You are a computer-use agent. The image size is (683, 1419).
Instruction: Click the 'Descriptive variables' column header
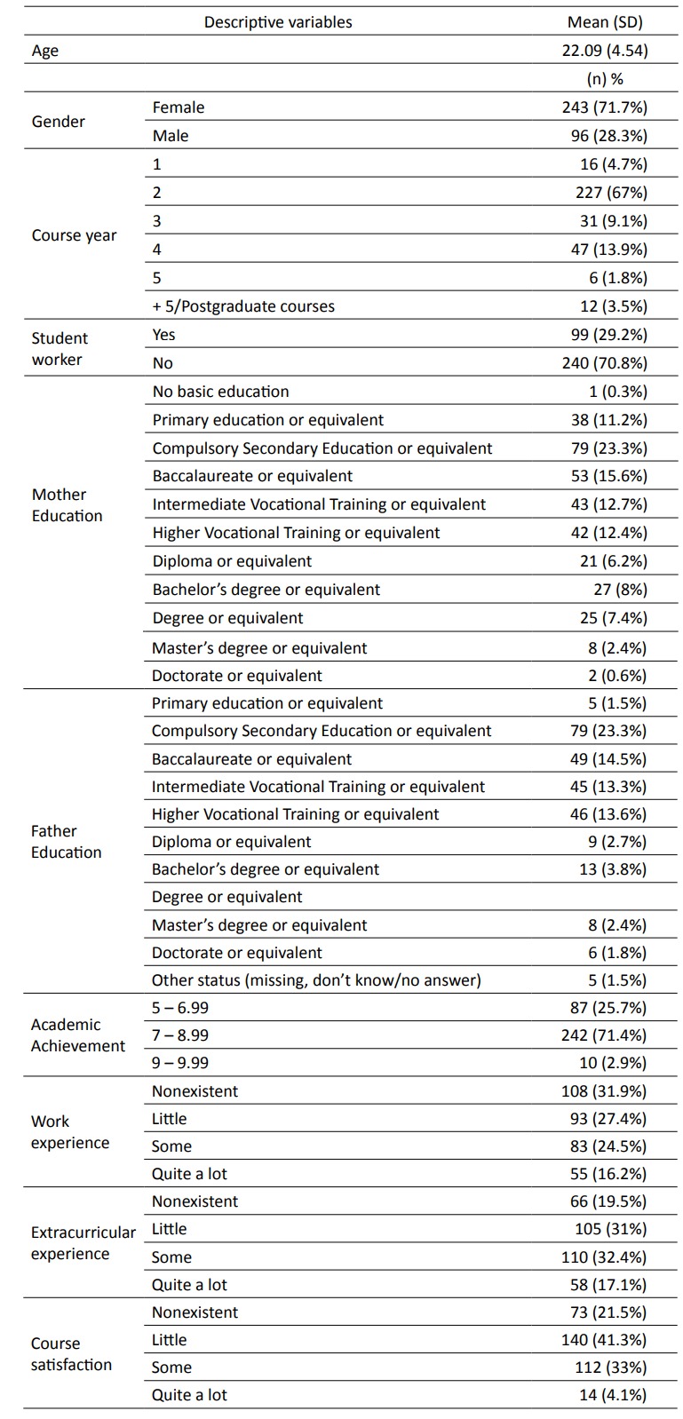[x=278, y=22]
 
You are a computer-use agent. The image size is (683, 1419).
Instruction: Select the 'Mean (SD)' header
[x=605, y=22]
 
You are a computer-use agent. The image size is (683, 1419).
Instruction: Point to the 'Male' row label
[x=171, y=136]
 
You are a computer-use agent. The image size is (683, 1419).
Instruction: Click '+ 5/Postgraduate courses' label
[x=243, y=306]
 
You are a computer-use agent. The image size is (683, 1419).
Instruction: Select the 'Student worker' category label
[x=60, y=349]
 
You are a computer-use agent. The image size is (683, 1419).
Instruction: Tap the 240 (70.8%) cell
[x=608, y=363]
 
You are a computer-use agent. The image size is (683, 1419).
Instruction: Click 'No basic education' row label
[x=220, y=392]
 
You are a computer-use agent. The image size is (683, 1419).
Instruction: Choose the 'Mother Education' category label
[x=67, y=505]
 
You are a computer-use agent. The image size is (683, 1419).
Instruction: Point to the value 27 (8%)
[x=613, y=590]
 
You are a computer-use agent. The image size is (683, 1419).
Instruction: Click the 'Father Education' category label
[x=67, y=842]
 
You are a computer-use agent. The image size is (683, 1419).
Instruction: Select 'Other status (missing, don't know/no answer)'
[x=316, y=980]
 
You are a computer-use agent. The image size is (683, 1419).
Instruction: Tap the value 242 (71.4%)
[x=608, y=1035]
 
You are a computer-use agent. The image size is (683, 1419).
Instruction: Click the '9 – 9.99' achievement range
[x=180, y=1063]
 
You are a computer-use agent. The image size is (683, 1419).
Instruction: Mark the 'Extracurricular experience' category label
[x=83, y=1243]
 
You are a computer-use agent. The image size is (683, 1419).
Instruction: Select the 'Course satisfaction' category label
[x=71, y=1354]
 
